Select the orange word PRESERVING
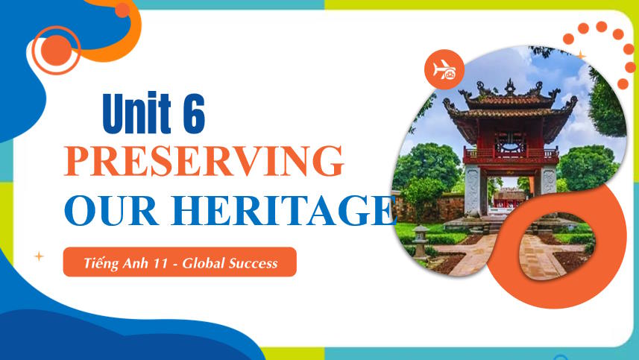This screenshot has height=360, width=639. click(x=204, y=162)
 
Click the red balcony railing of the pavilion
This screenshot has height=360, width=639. click(x=511, y=156)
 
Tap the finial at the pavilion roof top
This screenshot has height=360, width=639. click(x=510, y=85)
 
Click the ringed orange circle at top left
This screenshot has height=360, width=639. click(x=57, y=50)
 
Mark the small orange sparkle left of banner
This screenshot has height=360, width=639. click(x=39, y=256)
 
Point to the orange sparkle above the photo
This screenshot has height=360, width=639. click(x=581, y=55)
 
